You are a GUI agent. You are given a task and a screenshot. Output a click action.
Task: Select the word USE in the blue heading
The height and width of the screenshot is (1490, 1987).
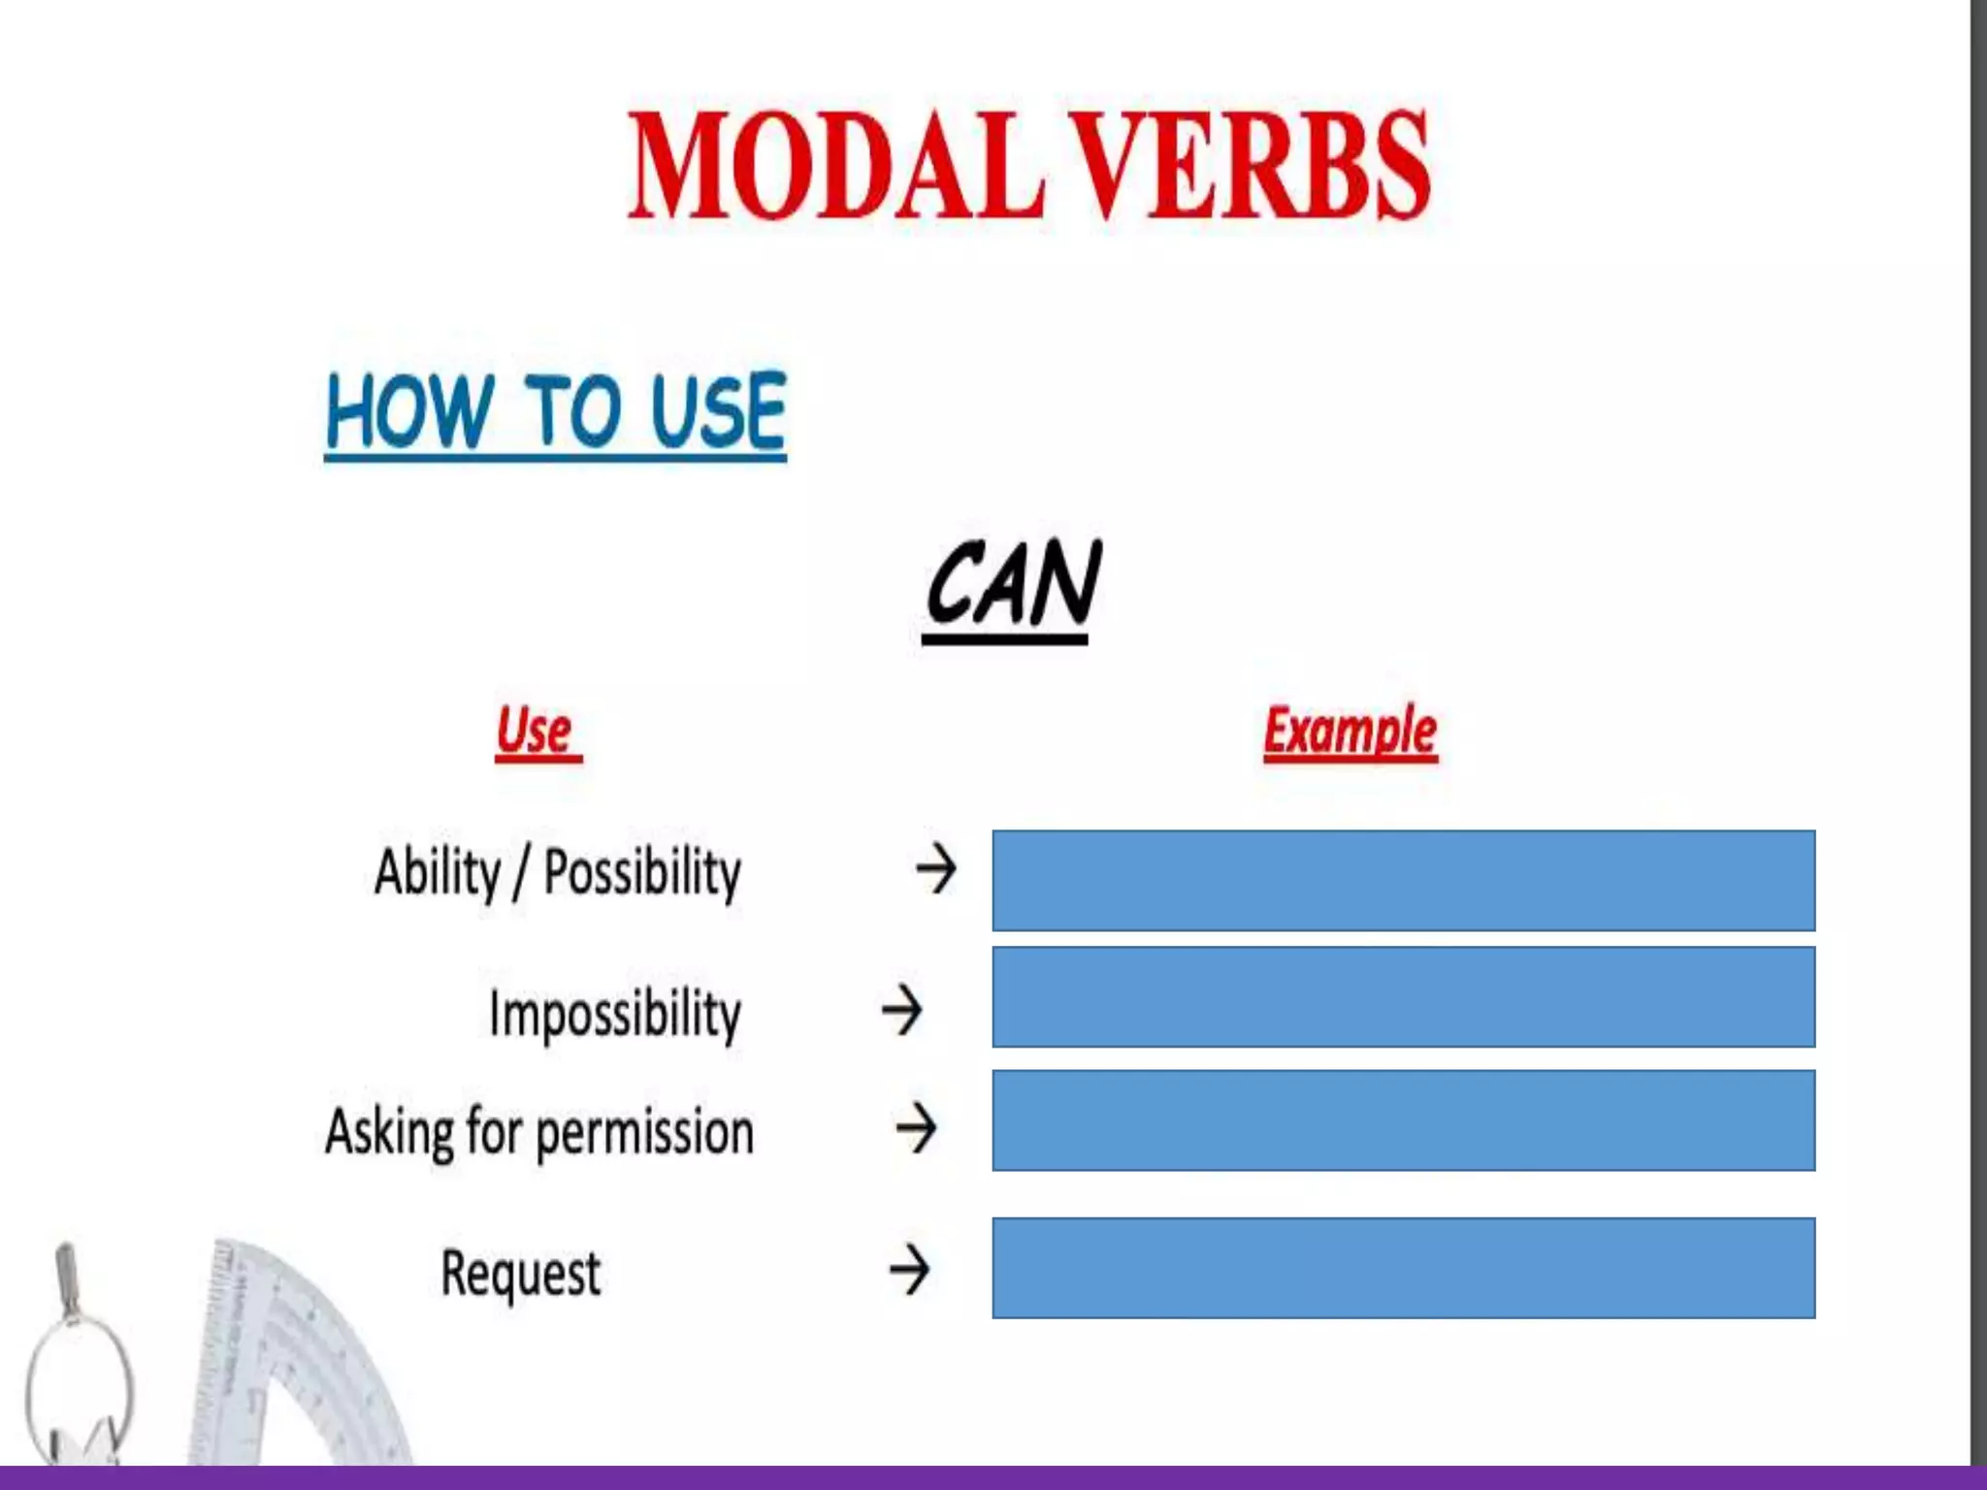pos(718,412)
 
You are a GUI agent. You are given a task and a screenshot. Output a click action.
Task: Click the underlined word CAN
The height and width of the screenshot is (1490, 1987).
pos(1012,585)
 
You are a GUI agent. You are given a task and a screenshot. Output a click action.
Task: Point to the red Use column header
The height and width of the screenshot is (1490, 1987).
pos(535,730)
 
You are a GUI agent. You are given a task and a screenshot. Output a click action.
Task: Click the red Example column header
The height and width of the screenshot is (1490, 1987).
pos(1350,730)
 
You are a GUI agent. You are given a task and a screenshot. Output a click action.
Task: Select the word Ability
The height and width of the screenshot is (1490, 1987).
pos(437,872)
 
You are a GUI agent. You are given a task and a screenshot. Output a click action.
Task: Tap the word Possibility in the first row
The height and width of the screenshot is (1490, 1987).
pos(642,872)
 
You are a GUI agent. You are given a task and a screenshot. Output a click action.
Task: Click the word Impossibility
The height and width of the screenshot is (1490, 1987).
pos(615,1014)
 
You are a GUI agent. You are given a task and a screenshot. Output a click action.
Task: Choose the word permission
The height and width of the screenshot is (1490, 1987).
pos(644,1133)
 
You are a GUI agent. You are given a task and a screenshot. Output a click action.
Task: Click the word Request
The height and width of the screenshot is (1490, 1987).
pos(521,1273)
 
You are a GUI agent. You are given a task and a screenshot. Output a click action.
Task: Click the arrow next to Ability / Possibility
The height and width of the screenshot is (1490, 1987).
pos(936,868)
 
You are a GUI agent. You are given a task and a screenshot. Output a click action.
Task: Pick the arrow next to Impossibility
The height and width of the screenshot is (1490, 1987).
pos(902,1010)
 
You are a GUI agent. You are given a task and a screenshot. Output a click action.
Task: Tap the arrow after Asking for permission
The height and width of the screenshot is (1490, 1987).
pos(917,1128)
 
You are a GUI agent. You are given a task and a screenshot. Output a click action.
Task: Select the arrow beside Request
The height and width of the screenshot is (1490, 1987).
pos(910,1270)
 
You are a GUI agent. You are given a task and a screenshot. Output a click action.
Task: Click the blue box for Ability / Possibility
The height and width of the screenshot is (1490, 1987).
pos(1403,880)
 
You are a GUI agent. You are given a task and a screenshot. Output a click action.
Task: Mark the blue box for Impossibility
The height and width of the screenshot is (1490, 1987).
pos(1403,996)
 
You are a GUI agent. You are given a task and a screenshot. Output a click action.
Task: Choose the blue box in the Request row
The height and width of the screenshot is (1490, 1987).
pos(1403,1267)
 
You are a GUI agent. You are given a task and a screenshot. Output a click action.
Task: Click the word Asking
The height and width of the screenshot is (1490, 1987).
pos(389,1133)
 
